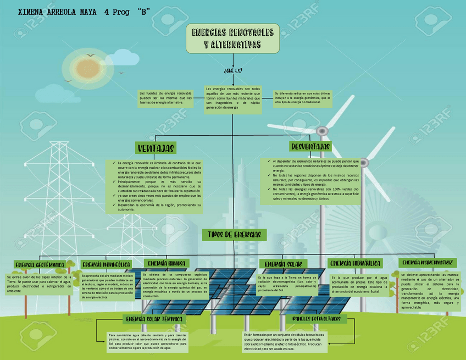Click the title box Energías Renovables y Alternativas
[x=233, y=38]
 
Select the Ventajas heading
[x=156, y=148]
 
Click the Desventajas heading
[x=310, y=146]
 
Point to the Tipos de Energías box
[x=234, y=235]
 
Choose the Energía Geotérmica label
[x=39, y=265]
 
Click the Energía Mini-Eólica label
[x=106, y=265]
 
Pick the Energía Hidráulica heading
[x=356, y=263]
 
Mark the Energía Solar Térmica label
[x=154, y=319]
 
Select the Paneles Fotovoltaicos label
[x=317, y=319]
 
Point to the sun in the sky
[x=80, y=68]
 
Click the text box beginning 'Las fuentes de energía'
[x=165, y=98]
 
